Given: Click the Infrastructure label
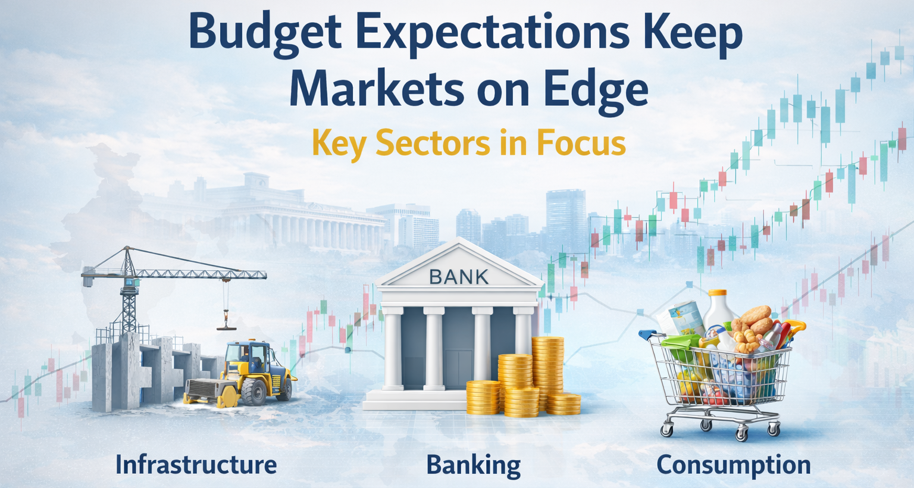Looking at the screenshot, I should click(196, 465).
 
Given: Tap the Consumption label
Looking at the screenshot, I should click(733, 465).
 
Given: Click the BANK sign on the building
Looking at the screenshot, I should click(459, 277).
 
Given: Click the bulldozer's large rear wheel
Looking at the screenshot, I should click(254, 392).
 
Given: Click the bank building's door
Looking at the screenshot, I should click(458, 369).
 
